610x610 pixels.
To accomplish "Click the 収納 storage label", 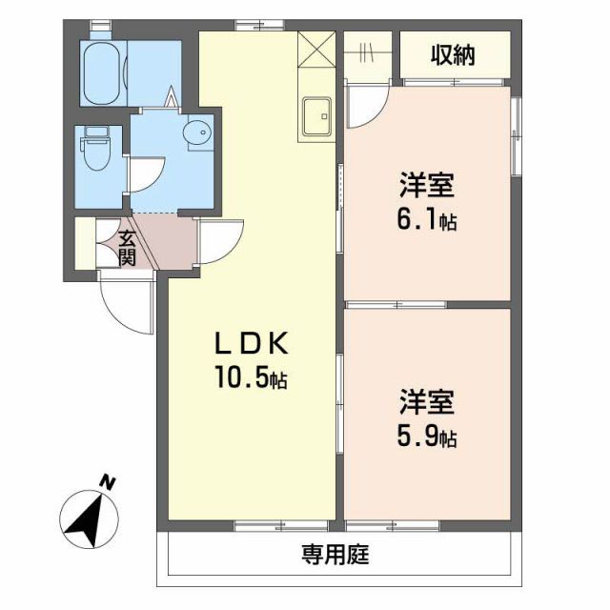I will (454, 56).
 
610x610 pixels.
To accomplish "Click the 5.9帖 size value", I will (426, 437).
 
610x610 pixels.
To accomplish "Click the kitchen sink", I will (315, 116).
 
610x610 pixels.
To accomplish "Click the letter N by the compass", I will (109, 482).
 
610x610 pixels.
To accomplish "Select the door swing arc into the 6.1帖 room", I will (367, 105).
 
